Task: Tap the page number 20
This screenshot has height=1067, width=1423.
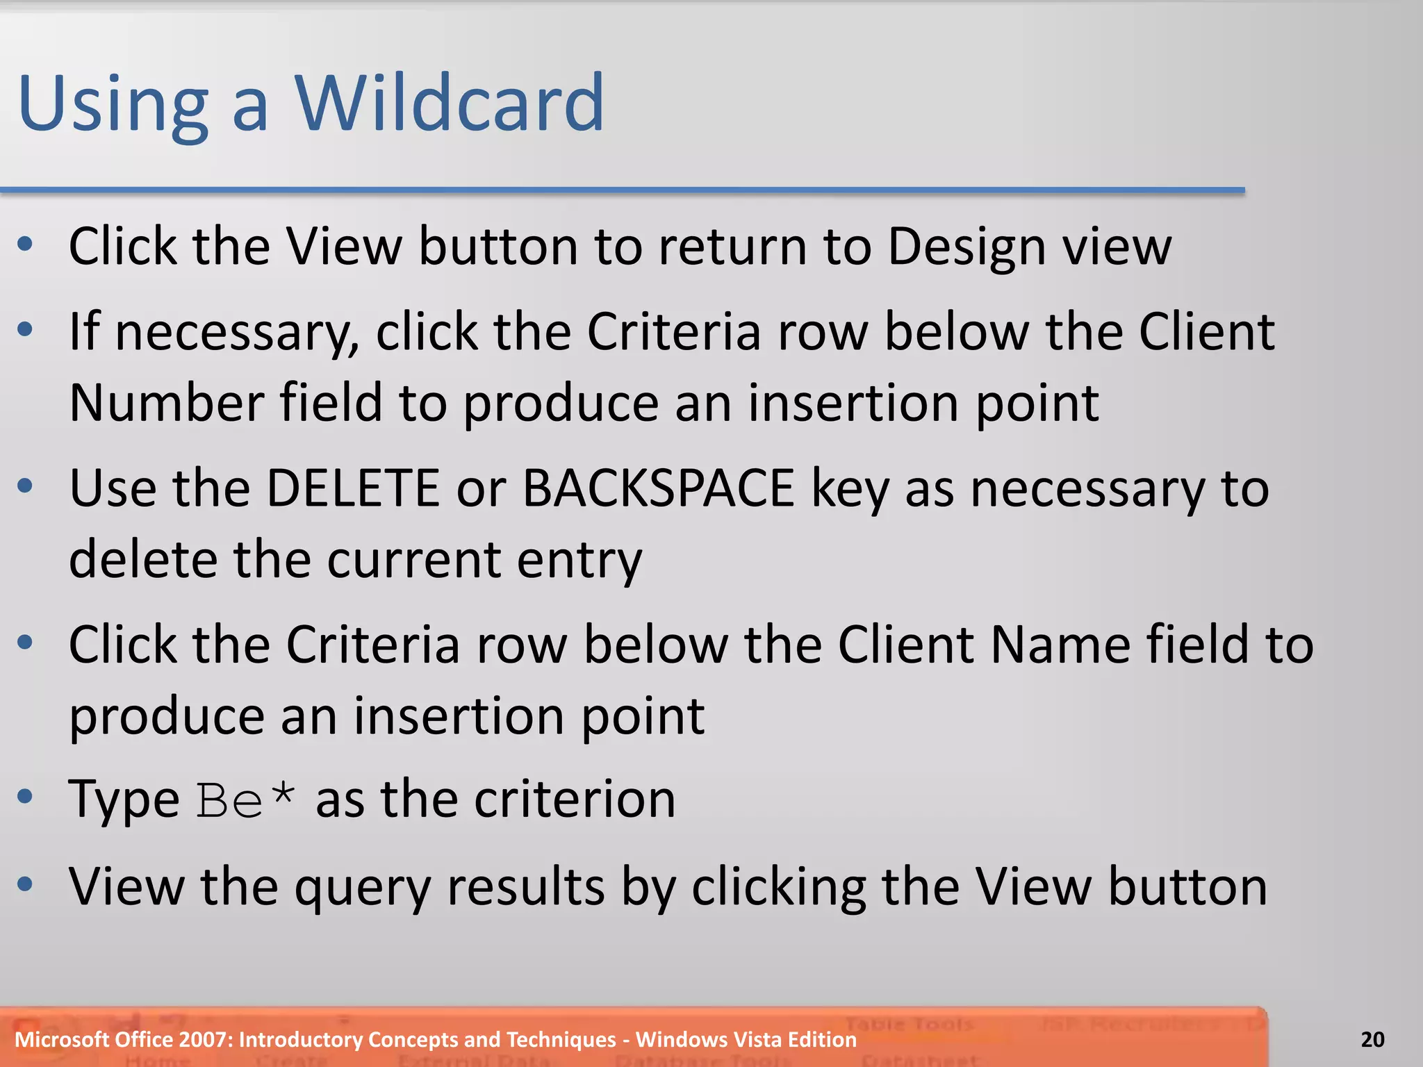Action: (x=1372, y=1039)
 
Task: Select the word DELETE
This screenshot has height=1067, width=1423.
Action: (x=352, y=488)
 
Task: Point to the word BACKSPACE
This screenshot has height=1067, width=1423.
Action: (x=658, y=488)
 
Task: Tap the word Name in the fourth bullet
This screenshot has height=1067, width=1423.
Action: (x=1060, y=645)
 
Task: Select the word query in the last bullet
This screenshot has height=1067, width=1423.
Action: (x=362, y=889)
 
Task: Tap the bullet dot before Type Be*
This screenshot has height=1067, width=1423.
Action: (x=26, y=796)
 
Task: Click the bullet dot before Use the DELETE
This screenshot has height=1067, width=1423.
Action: (x=26, y=486)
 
